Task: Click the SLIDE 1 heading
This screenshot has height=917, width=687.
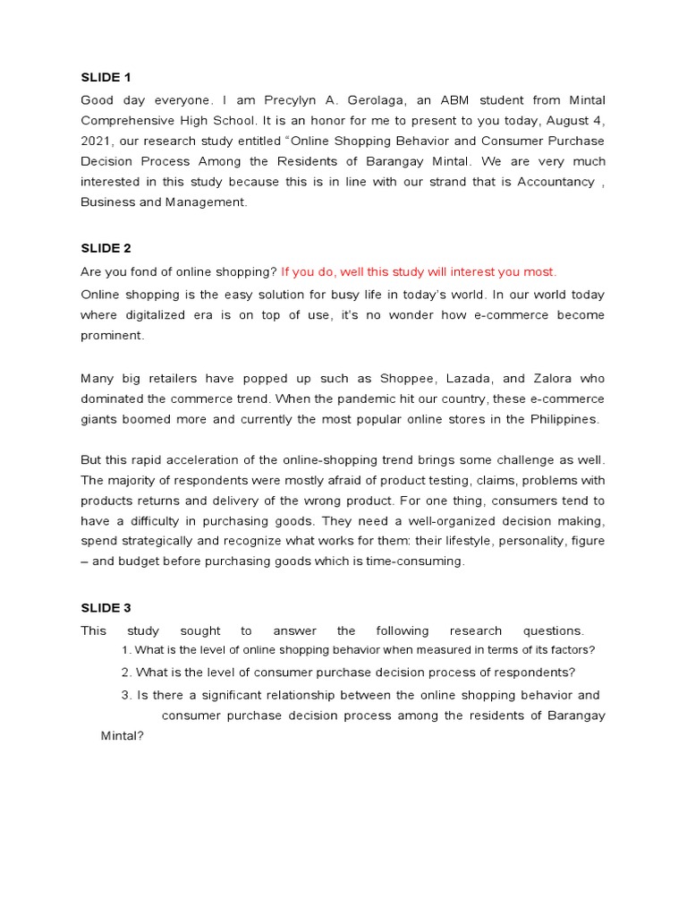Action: [106, 77]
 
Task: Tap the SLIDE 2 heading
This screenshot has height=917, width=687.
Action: [106, 248]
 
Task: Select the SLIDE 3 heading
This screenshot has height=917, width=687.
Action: [106, 608]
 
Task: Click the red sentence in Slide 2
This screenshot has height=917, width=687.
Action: [419, 272]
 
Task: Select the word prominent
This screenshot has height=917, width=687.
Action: [112, 336]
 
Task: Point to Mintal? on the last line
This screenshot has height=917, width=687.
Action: [123, 736]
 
